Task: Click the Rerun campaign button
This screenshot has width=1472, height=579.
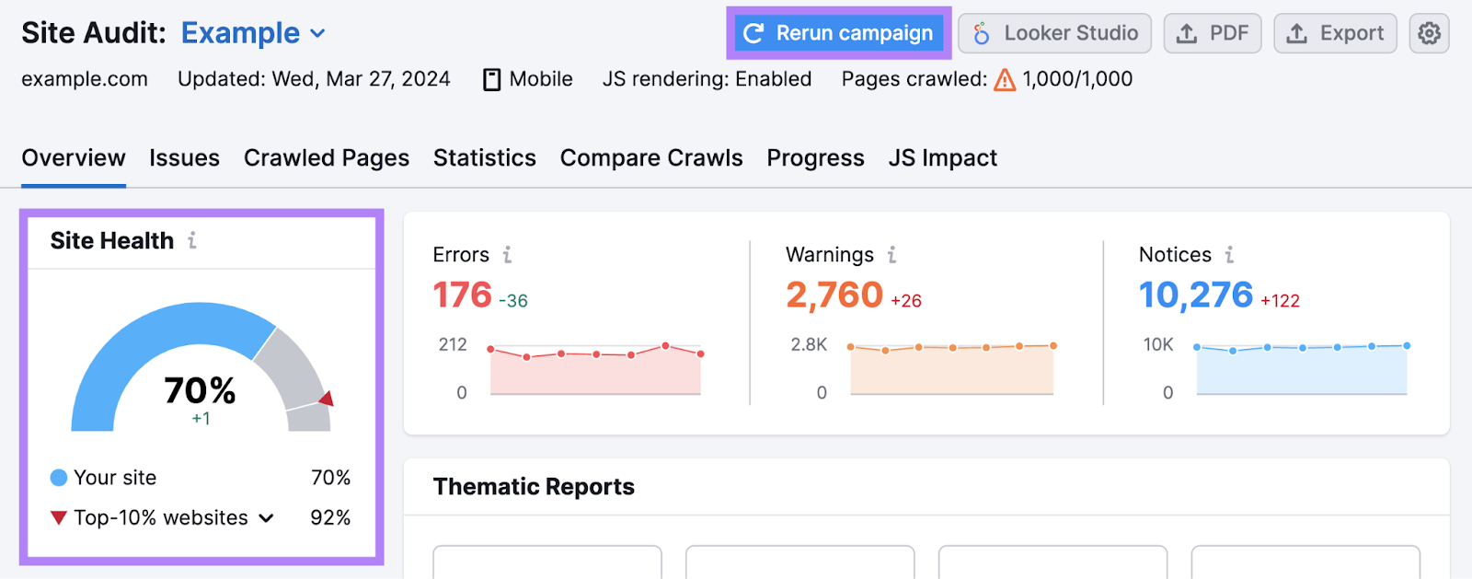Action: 838,33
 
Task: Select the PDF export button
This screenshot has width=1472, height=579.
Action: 1212,33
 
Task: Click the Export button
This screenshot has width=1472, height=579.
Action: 1335,33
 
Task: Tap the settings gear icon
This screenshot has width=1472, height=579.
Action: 1429,33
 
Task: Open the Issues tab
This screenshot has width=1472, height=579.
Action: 184,158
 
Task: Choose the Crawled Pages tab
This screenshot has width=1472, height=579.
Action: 326,158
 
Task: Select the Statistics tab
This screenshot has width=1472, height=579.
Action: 484,158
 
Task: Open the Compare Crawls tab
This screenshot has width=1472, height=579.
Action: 650,158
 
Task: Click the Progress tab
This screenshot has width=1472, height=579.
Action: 815,158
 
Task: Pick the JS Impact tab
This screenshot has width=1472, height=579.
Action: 942,158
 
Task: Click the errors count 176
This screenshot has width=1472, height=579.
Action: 462,295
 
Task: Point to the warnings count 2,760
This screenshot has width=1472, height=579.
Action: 834,295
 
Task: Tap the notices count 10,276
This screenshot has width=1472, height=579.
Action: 1195,295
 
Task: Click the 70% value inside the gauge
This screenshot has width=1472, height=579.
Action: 200,390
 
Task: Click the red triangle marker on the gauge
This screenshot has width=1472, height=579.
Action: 327,399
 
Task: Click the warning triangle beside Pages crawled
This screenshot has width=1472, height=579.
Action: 1005,80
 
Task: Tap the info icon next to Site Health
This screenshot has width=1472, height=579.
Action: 192,240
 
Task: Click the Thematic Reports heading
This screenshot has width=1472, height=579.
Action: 534,486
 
